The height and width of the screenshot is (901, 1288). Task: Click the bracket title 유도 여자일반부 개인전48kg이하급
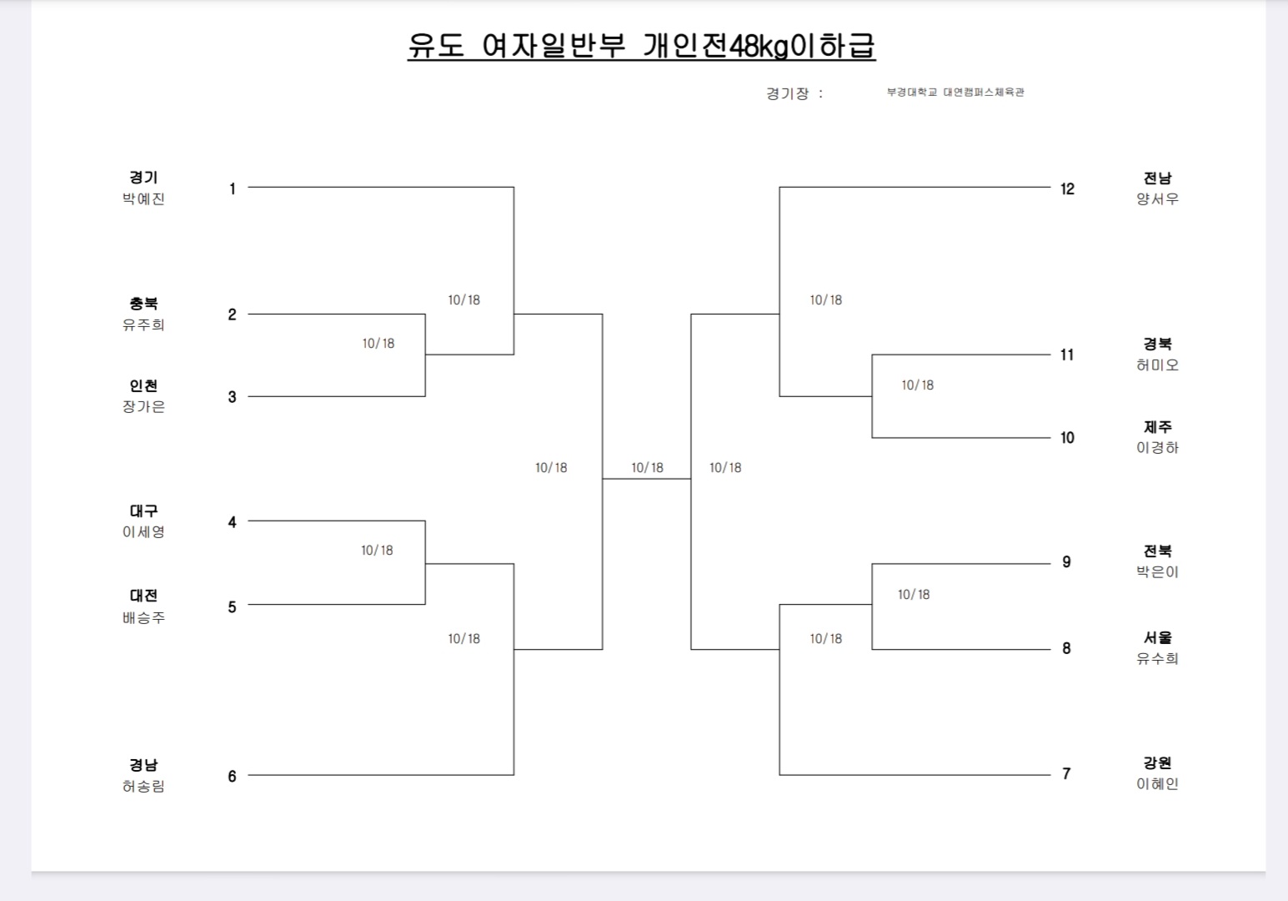[x=641, y=46]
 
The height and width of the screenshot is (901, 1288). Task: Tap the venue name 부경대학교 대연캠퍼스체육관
[x=955, y=93]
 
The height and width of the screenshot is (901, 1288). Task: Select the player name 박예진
[x=143, y=199]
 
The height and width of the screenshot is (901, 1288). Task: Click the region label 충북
[x=143, y=304]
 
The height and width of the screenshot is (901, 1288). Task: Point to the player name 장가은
[x=143, y=407]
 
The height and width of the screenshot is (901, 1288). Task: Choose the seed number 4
[x=232, y=522]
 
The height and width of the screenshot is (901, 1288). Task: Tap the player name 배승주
[x=143, y=618]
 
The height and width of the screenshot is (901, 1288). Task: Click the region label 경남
[x=143, y=765]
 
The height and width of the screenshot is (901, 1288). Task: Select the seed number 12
[x=1067, y=189]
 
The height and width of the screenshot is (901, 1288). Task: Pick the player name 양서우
[x=1157, y=199]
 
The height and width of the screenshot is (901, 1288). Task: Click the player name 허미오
[x=1157, y=365]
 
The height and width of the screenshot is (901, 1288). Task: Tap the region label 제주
[x=1157, y=427]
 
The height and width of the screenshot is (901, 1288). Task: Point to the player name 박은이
[x=1157, y=572]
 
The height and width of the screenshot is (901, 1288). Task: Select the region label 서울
[x=1157, y=638]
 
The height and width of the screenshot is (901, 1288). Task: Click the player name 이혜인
[x=1157, y=784]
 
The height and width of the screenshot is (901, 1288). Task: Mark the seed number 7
[x=1066, y=774]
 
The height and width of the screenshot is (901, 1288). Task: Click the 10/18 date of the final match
[x=647, y=468]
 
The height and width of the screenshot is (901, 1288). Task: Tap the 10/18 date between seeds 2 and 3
[x=378, y=344]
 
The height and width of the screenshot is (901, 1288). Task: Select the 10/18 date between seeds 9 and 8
[x=914, y=595]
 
